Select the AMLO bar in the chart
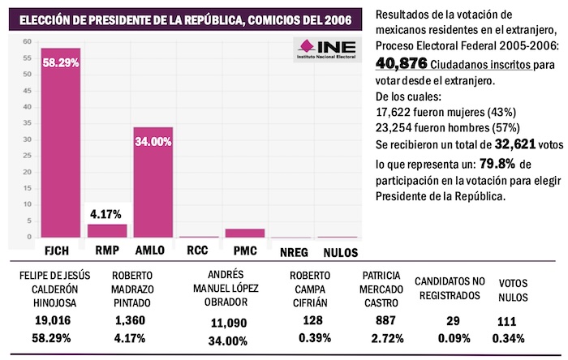click(x=153, y=182)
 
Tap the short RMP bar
click(x=107, y=230)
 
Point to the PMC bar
click(x=245, y=234)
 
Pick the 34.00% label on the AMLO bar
click(x=153, y=141)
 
